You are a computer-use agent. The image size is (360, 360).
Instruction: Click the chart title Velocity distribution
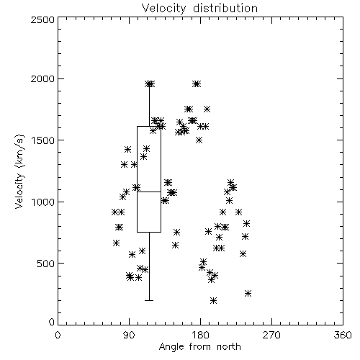tap(199, 8)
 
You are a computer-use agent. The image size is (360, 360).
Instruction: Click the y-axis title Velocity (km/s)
tap(19, 171)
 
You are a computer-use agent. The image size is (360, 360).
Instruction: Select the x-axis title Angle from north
tap(199, 347)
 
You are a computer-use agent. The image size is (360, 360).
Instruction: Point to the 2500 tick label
tap(42, 19)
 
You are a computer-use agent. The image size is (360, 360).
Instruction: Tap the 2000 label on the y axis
tap(42, 78)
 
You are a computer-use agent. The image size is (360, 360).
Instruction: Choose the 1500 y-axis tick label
tap(43, 140)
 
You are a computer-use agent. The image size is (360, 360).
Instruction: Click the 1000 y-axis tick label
tap(43, 202)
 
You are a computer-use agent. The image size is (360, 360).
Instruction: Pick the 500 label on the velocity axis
tap(46, 264)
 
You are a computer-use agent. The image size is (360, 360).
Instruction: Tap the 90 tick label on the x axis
tap(129, 335)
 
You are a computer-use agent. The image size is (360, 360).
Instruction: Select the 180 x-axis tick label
tap(200, 335)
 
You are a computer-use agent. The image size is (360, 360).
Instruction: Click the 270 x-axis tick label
tap(271, 335)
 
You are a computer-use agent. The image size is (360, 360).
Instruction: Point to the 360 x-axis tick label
tap(343, 335)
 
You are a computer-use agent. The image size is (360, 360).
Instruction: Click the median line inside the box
tap(149, 192)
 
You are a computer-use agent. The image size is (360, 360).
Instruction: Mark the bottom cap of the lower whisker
tap(149, 300)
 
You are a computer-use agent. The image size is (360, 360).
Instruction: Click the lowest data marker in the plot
tap(213, 300)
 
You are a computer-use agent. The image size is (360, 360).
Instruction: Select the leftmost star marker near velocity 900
tap(115, 212)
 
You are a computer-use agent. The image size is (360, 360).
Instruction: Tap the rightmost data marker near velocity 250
tap(248, 293)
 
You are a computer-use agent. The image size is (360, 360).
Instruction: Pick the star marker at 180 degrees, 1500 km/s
tap(199, 140)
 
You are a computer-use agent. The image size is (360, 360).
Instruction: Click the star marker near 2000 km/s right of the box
tap(197, 84)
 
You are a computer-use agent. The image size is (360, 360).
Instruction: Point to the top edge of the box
tap(149, 126)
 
